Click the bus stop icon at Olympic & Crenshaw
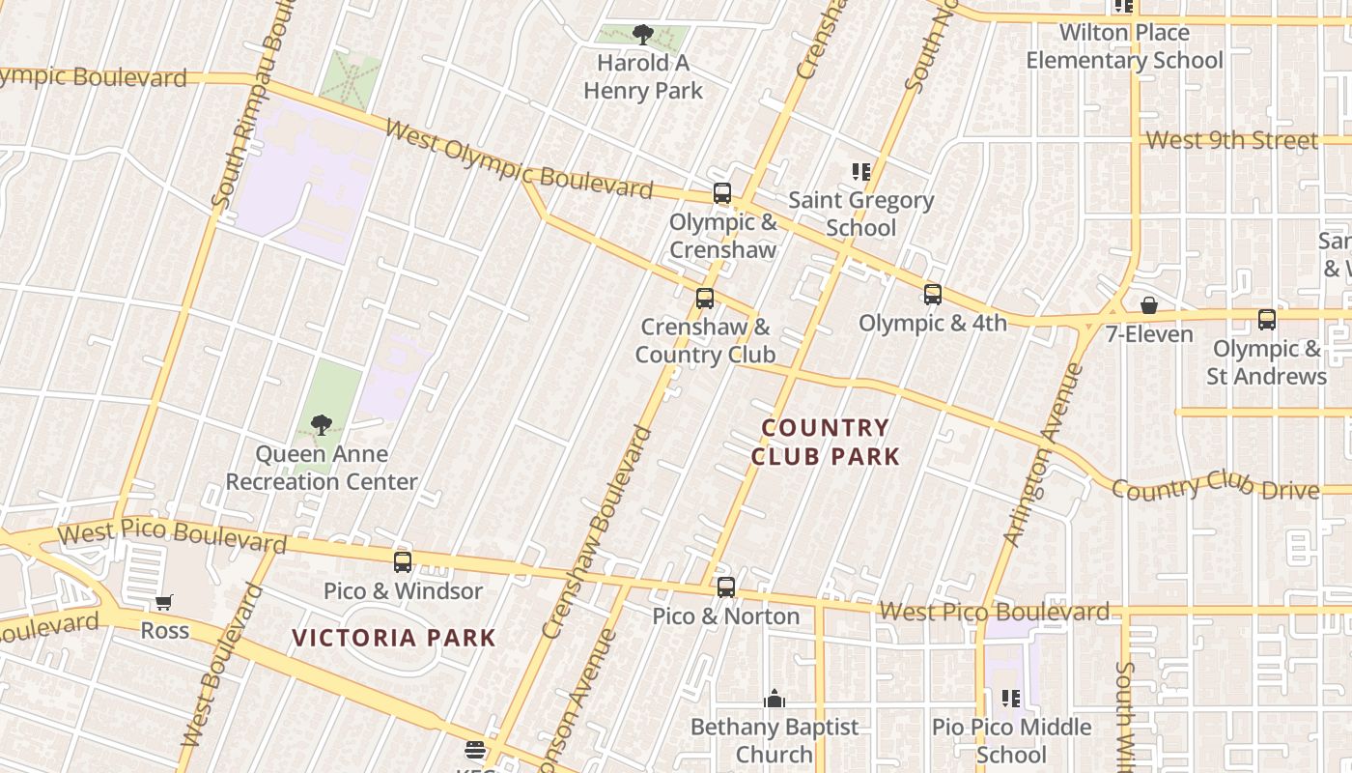point(722,193)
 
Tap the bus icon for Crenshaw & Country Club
point(705,299)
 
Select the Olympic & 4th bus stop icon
point(932,295)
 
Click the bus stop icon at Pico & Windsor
point(403,561)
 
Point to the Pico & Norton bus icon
point(726,587)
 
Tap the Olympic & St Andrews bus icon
point(1266,320)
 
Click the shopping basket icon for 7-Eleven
point(1149,306)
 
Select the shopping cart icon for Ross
point(164,603)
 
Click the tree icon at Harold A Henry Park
point(642,36)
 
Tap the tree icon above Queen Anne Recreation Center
point(322,425)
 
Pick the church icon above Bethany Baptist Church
point(774,699)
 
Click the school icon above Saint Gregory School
point(860,172)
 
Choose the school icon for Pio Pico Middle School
point(1011,698)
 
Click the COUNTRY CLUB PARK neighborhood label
point(826,442)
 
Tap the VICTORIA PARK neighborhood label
point(394,638)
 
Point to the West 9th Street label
point(1231,141)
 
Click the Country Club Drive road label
point(1215,488)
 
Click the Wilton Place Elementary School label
point(1124,46)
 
